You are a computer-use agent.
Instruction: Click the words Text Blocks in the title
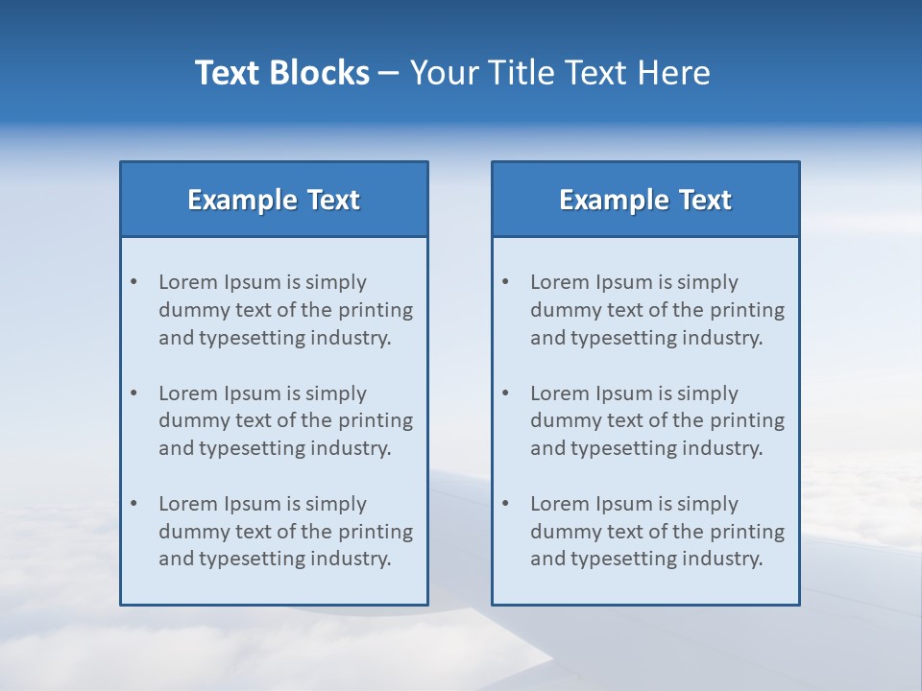point(281,73)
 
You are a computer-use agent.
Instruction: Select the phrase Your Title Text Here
point(560,73)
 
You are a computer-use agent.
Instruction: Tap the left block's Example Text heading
point(274,200)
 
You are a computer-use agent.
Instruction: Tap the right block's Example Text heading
point(645,200)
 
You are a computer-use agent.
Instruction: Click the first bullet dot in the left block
point(133,282)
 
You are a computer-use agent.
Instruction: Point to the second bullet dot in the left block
point(133,393)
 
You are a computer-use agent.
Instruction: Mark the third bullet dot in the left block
point(133,504)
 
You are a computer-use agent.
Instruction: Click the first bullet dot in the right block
point(505,282)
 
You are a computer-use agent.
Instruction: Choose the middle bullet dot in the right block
point(505,393)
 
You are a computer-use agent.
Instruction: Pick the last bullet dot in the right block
point(505,504)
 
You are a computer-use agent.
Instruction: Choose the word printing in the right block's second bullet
point(750,420)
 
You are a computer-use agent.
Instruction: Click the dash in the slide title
point(389,74)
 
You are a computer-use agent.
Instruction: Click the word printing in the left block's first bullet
point(378,310)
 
